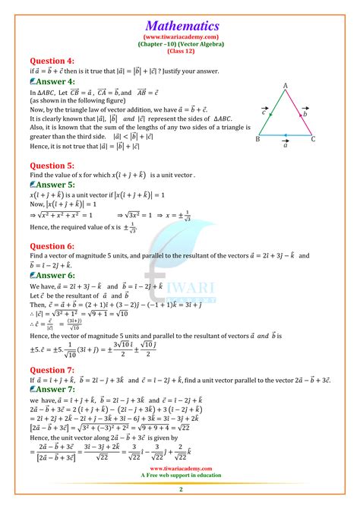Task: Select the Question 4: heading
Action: point(52,60)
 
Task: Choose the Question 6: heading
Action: point(52,246)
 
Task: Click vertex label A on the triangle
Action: point(285,86)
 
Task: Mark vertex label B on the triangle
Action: point(258,140)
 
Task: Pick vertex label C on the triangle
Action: point(313,140)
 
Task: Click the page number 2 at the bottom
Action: point(180,502)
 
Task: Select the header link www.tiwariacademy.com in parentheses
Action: point(180,36)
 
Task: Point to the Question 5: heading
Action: point(52,163)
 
